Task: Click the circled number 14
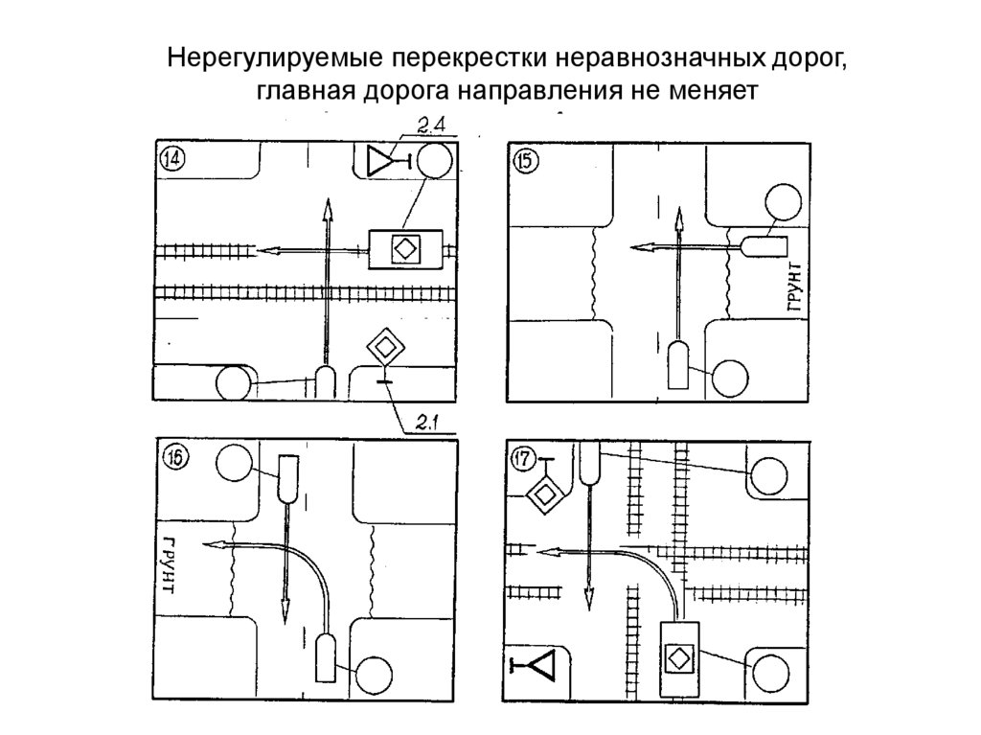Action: pos(172,159)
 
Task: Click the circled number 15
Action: pos(526,162)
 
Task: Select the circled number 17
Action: pos(524,459)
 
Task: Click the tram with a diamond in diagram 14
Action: pos(406,250)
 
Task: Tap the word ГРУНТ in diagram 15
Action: pos(794,287)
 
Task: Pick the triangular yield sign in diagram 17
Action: pos(539,665)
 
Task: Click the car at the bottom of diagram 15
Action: pos(678,364)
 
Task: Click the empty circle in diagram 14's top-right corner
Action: pos(434,161)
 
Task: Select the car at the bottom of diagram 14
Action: pos(325,383)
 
